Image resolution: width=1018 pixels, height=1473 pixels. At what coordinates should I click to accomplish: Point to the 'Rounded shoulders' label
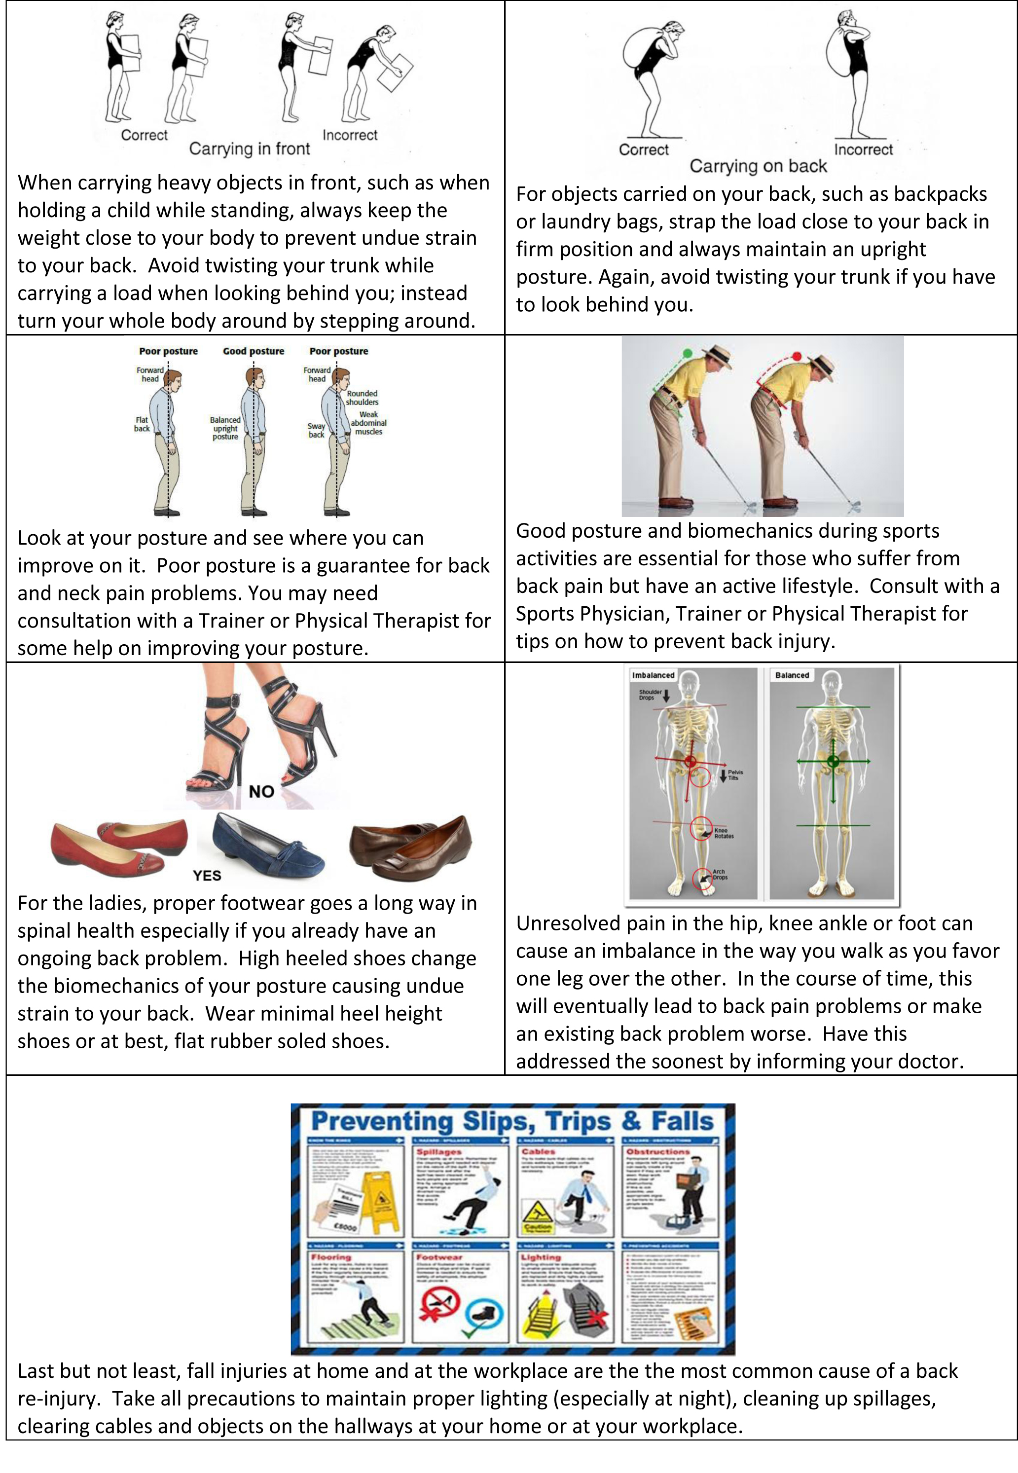(363, 398)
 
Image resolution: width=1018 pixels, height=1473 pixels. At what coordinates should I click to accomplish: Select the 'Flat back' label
(142, 424)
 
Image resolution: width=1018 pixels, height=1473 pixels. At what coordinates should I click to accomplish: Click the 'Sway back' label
(316, 430)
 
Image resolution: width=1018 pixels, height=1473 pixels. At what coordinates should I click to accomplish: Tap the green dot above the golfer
(687, 353)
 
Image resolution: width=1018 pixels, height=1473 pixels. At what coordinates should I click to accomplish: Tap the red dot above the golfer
(797, 356)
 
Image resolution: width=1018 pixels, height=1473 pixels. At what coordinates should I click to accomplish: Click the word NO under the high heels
(261, 792)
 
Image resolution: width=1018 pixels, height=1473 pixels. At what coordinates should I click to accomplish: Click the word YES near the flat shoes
(207, 875)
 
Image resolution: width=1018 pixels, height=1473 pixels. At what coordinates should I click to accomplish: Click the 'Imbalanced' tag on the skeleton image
(653, 675)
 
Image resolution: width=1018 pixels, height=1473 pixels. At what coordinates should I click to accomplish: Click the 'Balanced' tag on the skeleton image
(792, 675)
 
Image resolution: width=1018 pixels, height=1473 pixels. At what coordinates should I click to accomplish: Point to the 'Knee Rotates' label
(724, 833)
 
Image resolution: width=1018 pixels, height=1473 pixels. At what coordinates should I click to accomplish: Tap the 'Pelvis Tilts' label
(735, 774)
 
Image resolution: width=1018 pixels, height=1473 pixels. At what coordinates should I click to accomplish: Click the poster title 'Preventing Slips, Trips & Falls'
(512, 1121)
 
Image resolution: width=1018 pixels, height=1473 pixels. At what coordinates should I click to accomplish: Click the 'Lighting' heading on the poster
(541, 1257)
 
